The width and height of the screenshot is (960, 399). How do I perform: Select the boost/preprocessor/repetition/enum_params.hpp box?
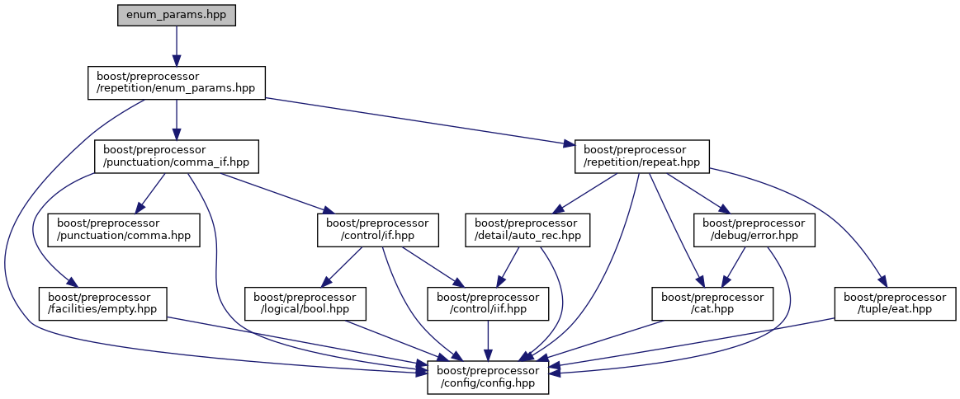[x=177, y=83]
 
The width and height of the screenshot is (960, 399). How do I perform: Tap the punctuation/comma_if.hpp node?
[x=177, y=156]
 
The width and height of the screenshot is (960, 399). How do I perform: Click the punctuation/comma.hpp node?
[x=124, y=230]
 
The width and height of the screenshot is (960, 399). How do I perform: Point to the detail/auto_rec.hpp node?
[x=527, y=230]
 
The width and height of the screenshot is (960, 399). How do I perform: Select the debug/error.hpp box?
[x=754, y=230]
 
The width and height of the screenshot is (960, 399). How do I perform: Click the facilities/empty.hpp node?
[x=102, y=303]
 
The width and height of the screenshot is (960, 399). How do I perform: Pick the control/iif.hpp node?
[x=489, y=303]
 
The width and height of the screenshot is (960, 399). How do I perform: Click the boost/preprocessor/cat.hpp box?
[x=712, y=303]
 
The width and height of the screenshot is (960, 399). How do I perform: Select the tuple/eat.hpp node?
[x=895, y=303]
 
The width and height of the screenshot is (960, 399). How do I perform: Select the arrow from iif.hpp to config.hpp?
[x=489, y=338]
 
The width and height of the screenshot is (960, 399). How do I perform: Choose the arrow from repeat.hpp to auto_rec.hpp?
[x=585, y=193]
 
